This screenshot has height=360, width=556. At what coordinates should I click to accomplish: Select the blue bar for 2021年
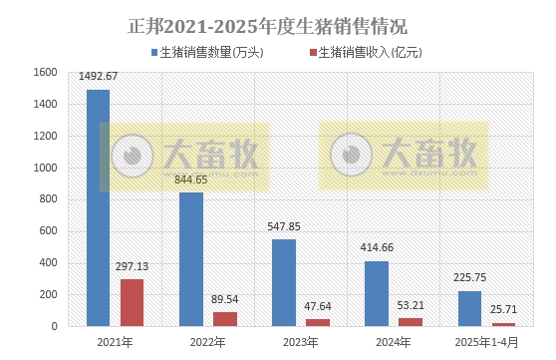tap(98, 207)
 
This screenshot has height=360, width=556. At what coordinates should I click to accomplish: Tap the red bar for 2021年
tap(133, 302)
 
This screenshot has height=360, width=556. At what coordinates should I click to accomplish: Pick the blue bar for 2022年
tap(190, 259)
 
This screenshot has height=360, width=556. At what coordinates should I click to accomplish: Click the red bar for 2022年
tap(225, 319)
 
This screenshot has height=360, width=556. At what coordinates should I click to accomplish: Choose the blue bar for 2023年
tap(284, 282)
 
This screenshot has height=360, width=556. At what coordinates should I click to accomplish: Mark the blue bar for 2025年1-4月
tap(469, 308)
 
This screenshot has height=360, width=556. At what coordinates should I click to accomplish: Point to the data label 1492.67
tap(98, 77)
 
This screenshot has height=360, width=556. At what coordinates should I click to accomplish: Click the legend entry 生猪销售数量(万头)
tap(207, 53)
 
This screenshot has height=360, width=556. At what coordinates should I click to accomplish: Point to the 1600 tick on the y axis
tap(43, 72)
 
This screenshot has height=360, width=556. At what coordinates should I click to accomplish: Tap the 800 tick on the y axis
tap(47, 199)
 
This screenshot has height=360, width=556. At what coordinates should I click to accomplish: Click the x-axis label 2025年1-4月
tap(486, 342)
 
